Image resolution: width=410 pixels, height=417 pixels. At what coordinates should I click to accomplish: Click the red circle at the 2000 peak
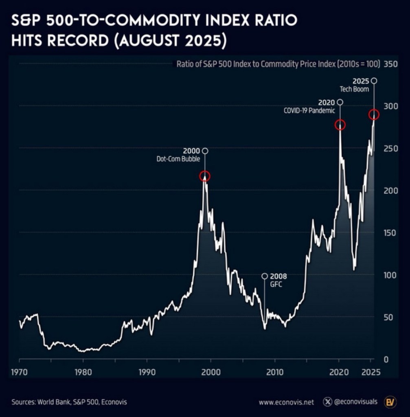[205, 176]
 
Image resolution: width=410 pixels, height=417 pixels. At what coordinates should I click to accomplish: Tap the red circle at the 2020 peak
[340, 125]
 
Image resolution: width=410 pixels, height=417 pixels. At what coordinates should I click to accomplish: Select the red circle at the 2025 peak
[374, 115]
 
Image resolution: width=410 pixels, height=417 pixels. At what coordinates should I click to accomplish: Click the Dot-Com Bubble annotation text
[178, 159]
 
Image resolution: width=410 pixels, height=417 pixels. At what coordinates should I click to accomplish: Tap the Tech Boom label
[354, 89]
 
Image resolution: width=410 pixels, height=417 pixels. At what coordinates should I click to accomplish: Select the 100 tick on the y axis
[390, 275]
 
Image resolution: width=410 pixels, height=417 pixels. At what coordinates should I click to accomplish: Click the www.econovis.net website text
[286, 402]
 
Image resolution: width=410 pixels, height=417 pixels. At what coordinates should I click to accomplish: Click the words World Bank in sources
[52, 402]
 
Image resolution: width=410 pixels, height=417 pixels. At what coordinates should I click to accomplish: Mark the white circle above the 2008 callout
[265, 276]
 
